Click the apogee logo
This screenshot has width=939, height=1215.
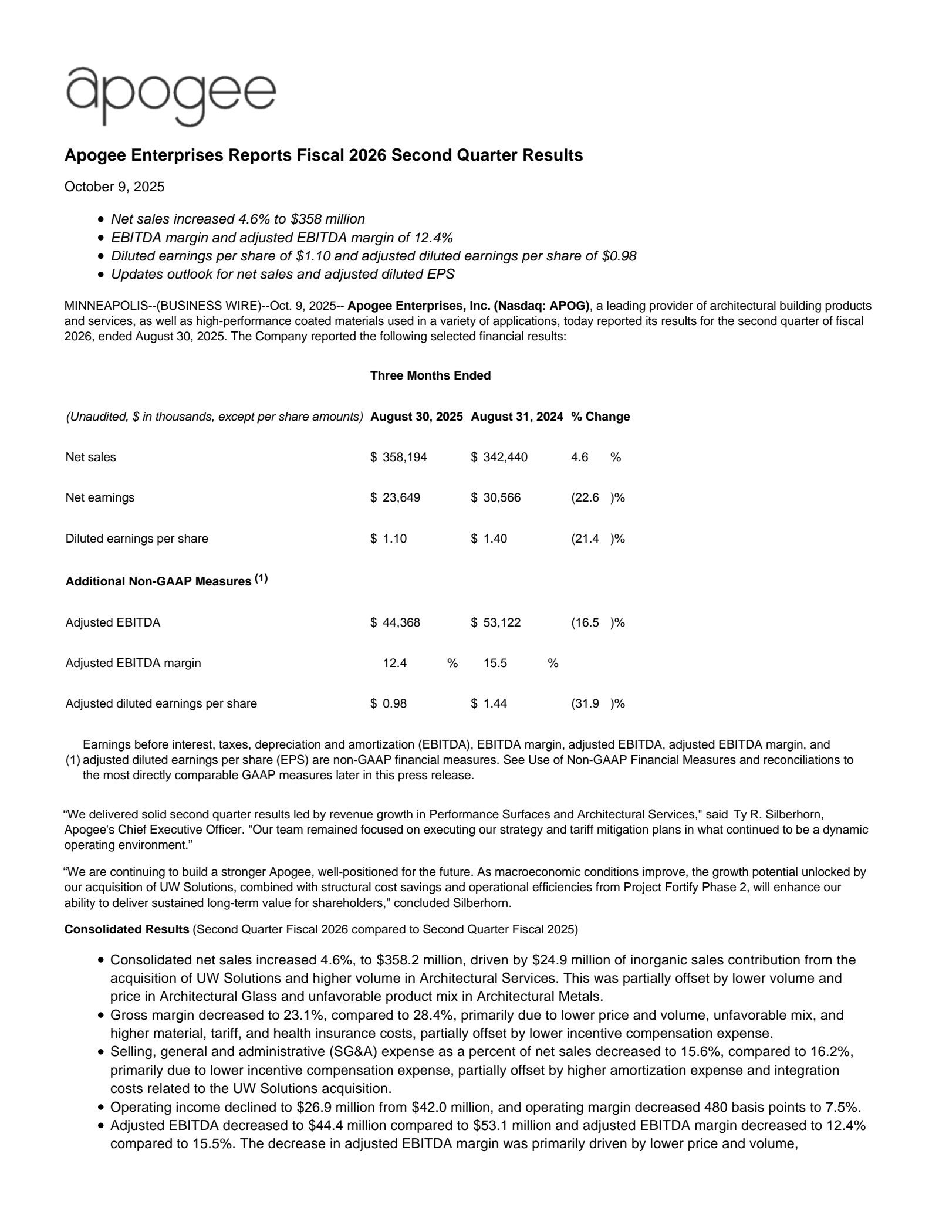171,96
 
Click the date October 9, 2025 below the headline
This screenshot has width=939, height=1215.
114,187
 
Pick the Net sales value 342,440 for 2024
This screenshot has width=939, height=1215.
505,457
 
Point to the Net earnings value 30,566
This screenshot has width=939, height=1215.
502,497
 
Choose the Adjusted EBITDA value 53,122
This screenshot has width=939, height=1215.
502,622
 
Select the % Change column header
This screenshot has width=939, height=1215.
600,417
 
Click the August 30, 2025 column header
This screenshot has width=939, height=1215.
417,417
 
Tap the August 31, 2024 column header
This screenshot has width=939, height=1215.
517,417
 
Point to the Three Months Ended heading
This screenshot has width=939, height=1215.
430,375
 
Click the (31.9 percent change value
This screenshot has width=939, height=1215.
586,703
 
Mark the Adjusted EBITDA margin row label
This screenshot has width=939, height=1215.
133,663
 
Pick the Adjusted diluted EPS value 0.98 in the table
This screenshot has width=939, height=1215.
394,703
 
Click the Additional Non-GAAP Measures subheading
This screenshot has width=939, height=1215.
158,581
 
